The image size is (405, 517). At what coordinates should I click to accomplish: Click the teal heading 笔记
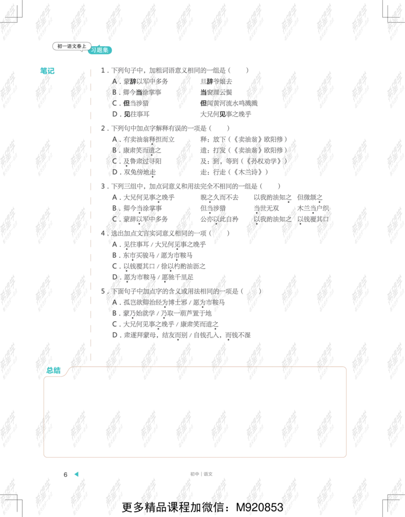click(x=47, y=71)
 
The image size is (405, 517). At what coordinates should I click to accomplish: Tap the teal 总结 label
click(x=53, y=371)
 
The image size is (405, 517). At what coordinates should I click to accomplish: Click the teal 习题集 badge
click(x=100, y=50)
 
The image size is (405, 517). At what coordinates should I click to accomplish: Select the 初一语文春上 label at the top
click(x=71, y=46)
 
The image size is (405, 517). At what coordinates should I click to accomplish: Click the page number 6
click(x=65, y=474)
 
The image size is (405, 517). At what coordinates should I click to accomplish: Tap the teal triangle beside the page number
click(x=76, y=474)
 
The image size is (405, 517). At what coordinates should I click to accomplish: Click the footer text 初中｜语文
click(x=201, y=474)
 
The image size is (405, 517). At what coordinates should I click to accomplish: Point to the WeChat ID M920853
click(x=260, y=507)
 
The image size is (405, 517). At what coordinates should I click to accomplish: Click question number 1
click(x=103, y=70)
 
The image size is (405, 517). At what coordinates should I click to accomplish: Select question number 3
click(x=103, y=187)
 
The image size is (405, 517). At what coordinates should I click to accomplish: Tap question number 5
click(x=103, y=291)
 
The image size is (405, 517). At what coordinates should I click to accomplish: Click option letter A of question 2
click(x=114, y=139)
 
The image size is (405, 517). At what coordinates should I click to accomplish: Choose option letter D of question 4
click(x=114, y=277)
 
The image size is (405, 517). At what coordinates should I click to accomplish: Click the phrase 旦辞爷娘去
click(x=216, y=82)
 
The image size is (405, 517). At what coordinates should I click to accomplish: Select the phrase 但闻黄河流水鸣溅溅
click(x=229, y=103)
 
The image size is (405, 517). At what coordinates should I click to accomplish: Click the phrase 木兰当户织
click(x=313, y=208)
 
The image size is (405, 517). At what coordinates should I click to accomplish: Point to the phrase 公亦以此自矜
click(x=219, y=219)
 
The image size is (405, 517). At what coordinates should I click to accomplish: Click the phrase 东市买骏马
click(x=139, y=255)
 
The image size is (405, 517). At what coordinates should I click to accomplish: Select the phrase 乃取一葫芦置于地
click(x=186, y=313)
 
